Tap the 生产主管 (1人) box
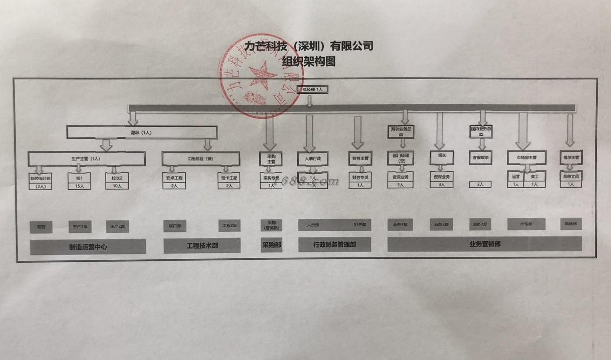[x=87, y=159]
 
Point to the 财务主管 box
[x=360, y=158]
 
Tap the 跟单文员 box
[x=570, y=176]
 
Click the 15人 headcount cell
[x=79, y=186]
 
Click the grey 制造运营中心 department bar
[x=88, y=246]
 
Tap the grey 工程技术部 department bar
[x=202, y=245]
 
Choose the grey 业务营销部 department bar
[x=484, y=243]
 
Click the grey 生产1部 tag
[x=79, y=226]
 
